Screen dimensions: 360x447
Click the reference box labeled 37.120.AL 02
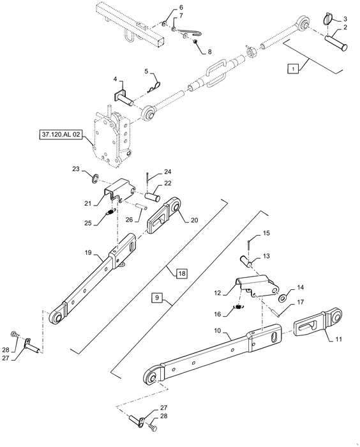coord(61,135)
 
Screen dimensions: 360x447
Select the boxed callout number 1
coord(294,69)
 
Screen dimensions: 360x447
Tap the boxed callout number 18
coord(182,274)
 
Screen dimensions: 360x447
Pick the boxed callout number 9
coord(157,298)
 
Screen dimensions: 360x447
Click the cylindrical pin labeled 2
coord(336,43)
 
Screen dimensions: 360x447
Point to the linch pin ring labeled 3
coord(329,19)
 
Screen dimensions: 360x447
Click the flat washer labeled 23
coord(94,178)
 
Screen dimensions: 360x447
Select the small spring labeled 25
coord(111,212)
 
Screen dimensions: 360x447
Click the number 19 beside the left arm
coord(88,253)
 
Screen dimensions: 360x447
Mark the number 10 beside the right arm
coord(217,331)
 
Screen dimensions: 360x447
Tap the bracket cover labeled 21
coord(120,189)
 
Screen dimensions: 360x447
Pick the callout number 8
coord(209,52)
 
